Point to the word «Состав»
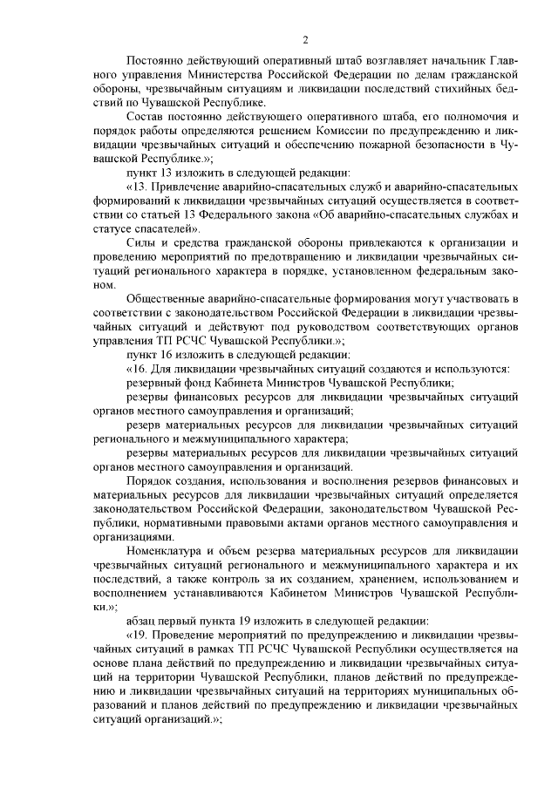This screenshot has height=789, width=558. (x=147, y=117)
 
